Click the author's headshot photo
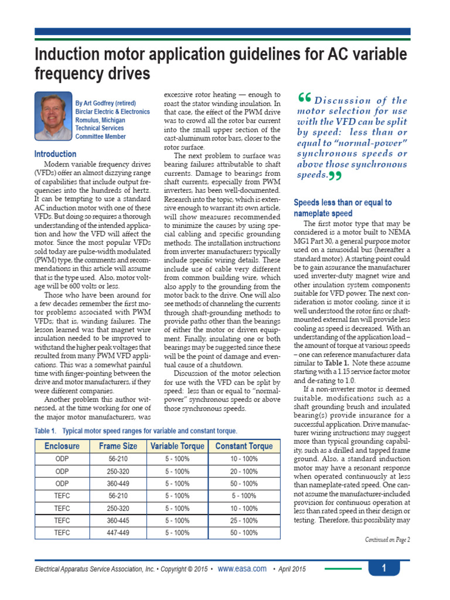[53, 115]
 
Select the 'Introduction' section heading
[55, 154]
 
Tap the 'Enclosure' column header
[62, 446]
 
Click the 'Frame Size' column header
[118, 446]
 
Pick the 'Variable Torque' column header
[177, 446]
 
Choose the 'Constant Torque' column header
[244, 446]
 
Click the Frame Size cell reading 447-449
[118, 533]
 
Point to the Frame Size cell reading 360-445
[118, 520]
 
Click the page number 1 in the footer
[384, 568]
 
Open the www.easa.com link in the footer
[242, 569]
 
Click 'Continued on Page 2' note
[387, 540]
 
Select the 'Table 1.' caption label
[47, 431]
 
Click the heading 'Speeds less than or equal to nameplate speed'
[342, 208]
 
